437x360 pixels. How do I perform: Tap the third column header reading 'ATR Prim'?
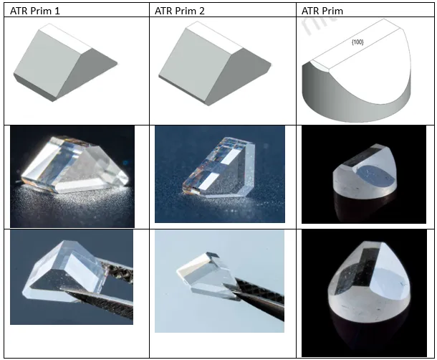point(322,9)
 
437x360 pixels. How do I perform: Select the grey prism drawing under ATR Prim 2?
point(208,72)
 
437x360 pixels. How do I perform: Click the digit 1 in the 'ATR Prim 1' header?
point(59,9)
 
